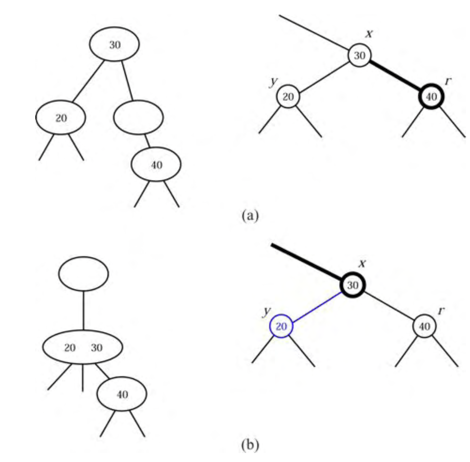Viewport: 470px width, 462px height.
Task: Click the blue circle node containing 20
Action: pyautogui.click(x=281, y=326)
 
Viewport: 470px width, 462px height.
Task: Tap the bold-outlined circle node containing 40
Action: pyautogui.click(x=431, y=97)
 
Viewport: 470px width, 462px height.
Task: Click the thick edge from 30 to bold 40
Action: pyautogui.click(x=396, y=76)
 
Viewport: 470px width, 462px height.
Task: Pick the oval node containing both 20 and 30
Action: pyautogui.click(x=83, y=347)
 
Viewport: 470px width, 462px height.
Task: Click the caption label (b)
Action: pyautogui.click(x=250, y=445)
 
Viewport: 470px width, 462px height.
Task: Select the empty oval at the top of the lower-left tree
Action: pyautogui.click(x=83, y=274)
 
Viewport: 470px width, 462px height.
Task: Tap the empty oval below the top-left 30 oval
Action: pyautogui.click(x=138, y=117)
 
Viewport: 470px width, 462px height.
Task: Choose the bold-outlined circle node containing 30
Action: pyautogui.click(x=353, y=285)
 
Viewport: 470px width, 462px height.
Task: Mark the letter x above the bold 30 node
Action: pyautogui.click(x=363, y=263)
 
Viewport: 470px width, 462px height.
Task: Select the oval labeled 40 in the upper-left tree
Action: pyautogui.click(x=156, y=164)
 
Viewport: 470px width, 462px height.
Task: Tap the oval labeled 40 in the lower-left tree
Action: pyautogui.click(x=122, y=394)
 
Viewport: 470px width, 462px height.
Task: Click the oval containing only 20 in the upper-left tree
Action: pyautogui.click(x=60, y=117)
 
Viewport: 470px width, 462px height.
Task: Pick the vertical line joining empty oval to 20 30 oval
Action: pyautogui.click(x=83, y=310)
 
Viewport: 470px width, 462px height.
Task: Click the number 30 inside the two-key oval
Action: pyautogui.click(x=96, y=348)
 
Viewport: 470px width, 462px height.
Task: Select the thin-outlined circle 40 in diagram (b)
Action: pyautogui.click(x=425, y=326)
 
